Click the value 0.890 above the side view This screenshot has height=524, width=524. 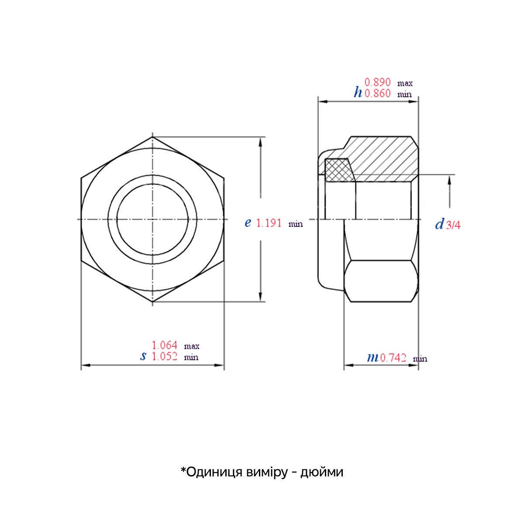point(378,82)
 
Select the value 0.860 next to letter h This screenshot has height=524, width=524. point(378,93)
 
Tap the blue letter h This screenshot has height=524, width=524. point(358,92)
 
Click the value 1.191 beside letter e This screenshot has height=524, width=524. point(269,223)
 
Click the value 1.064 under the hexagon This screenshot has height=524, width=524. point(164,345)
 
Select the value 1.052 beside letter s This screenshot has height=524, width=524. point(164,356)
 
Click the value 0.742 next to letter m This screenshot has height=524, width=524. point(394,358)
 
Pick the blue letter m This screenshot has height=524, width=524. point(372,358)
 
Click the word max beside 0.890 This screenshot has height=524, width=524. point(405,83)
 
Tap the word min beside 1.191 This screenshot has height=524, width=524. point(295,224)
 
